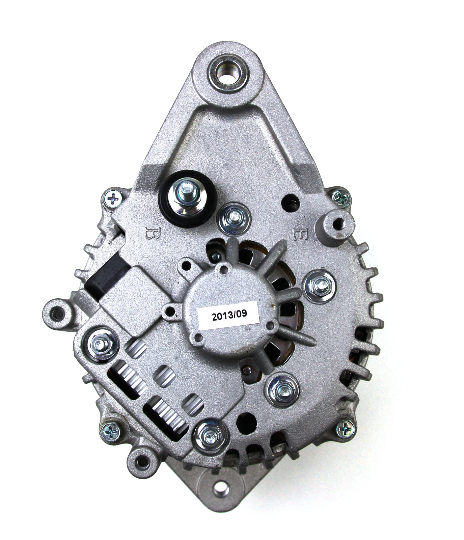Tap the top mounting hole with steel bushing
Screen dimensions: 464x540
(229, 72)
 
